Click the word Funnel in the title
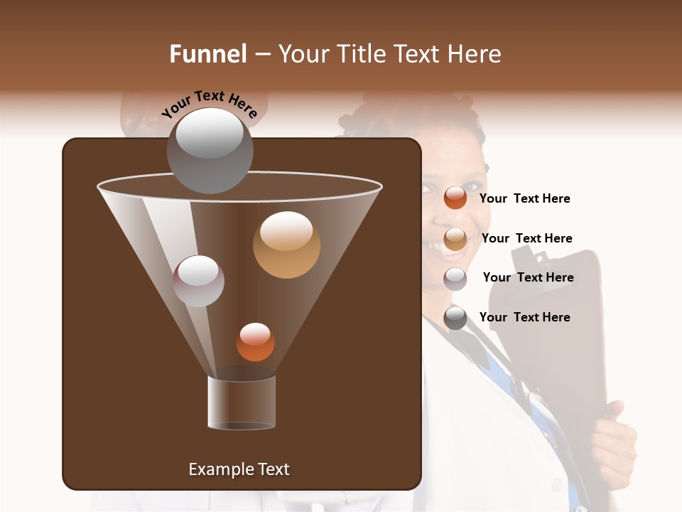[x=207, y=54]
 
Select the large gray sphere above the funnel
[x=210, y=150]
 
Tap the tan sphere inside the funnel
[x=286, y=245]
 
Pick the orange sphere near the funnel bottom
[x=255, y=342]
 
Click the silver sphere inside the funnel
[x=198, y=281]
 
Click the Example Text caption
[x=239, y=469]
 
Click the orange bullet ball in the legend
[x=455, y=198]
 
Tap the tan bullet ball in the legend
[x=455, y=239]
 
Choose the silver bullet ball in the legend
[x=455, y=279]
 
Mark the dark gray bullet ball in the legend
[x=455, y=318]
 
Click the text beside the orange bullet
[x=524, y=199]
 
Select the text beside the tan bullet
[x=526, y=239]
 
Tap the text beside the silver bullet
[x=528, y=278]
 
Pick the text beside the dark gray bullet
[x=524, y=318]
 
